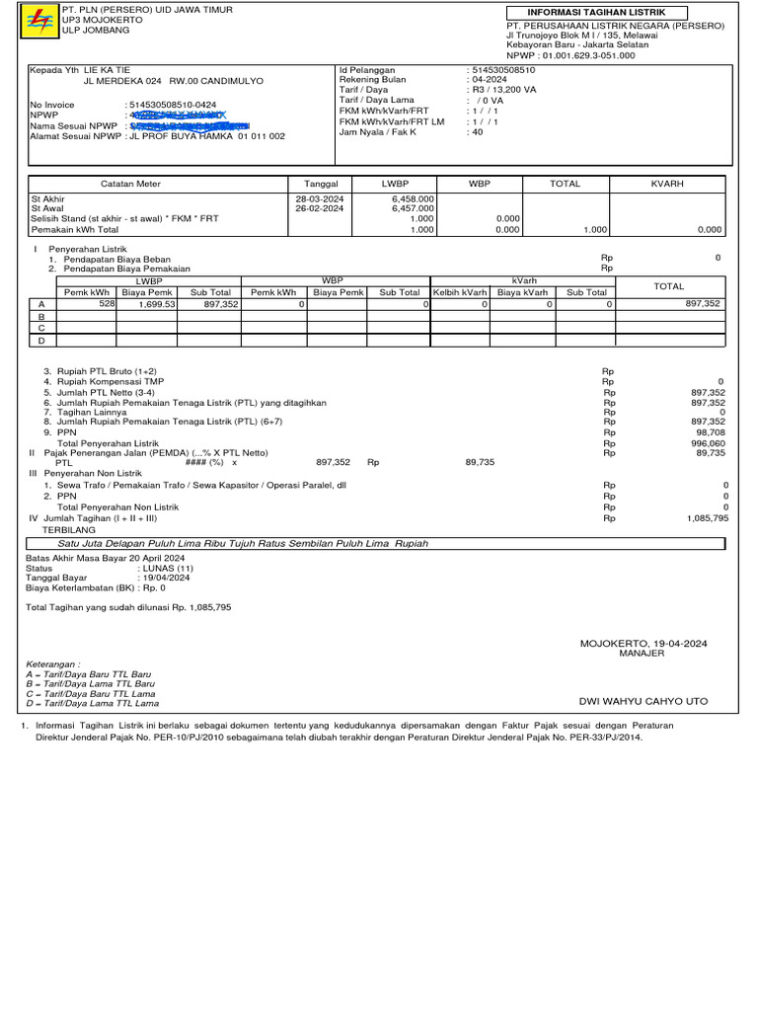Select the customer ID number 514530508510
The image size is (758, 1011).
504,71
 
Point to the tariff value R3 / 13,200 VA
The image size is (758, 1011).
504,90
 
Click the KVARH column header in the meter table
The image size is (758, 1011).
667,184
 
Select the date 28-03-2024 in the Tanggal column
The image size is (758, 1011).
320,198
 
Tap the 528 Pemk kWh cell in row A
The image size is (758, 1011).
108,305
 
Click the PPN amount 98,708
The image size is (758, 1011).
711,432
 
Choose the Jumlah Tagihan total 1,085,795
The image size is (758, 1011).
707,517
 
